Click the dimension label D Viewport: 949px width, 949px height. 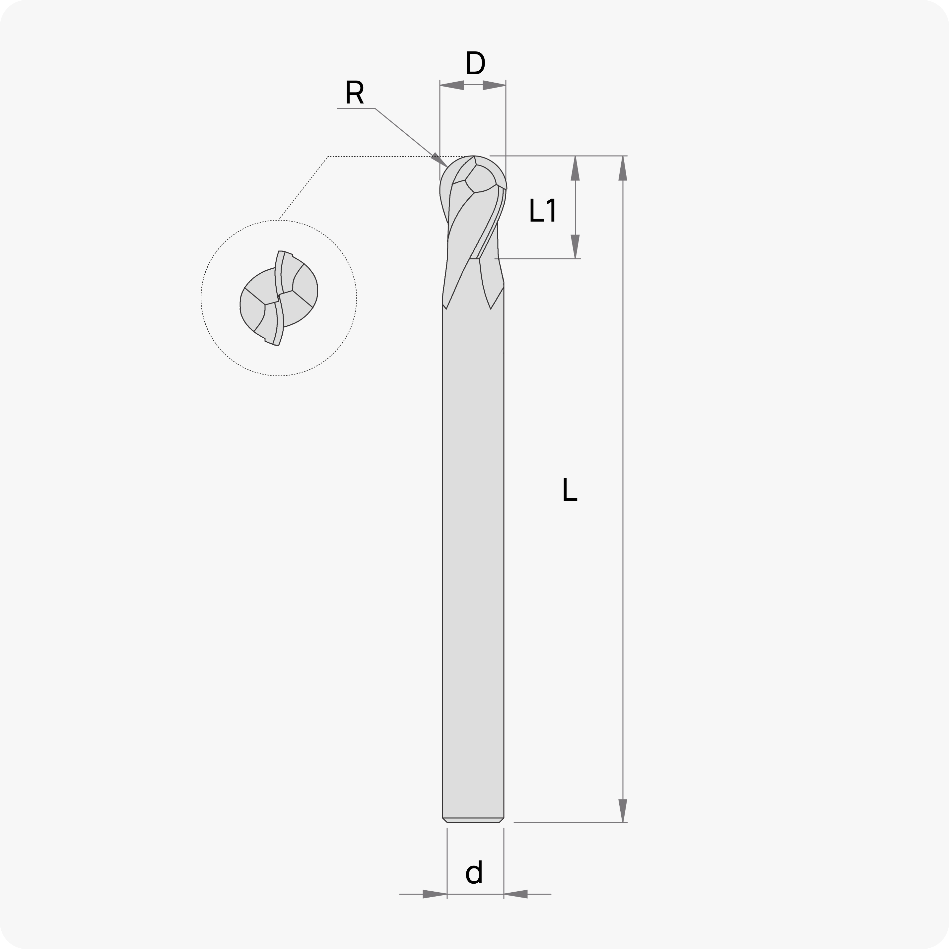coord(475,63)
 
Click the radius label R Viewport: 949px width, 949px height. coord(354,92)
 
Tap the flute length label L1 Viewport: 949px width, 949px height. coord(543,210)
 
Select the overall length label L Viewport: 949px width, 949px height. coord(569,490)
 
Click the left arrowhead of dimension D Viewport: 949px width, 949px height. coord(452,85)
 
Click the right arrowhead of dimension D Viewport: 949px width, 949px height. coord(494,85)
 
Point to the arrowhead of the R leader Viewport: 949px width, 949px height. coord(439,160)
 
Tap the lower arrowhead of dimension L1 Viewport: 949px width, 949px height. coord(575,246)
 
